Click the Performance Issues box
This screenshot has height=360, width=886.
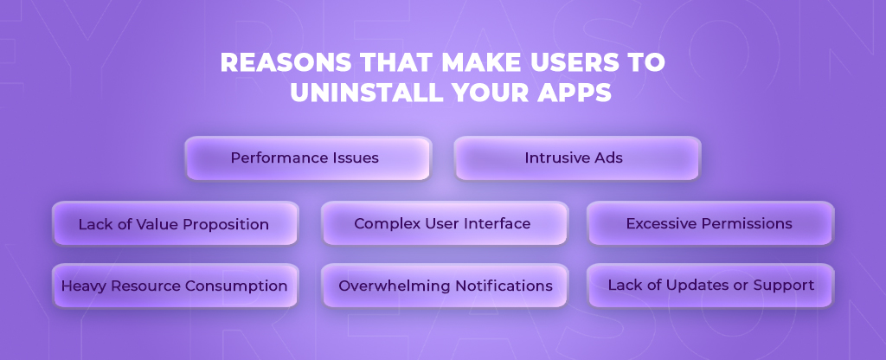click(x=307, y=158)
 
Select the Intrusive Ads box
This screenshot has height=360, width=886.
click(x=577, y=158)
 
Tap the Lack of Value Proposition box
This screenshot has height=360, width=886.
click(x=175, y=224)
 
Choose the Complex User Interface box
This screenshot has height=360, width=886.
click(x=444, y=223)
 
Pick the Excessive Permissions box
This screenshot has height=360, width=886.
click(x=710, y=223)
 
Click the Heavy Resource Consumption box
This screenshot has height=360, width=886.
click(x=175, y=286)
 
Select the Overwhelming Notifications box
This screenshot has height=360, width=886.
click(x=444, y=286)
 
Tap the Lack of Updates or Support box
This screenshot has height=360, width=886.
click(x=710, y=286)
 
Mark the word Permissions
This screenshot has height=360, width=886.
click(x=746, y=223)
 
